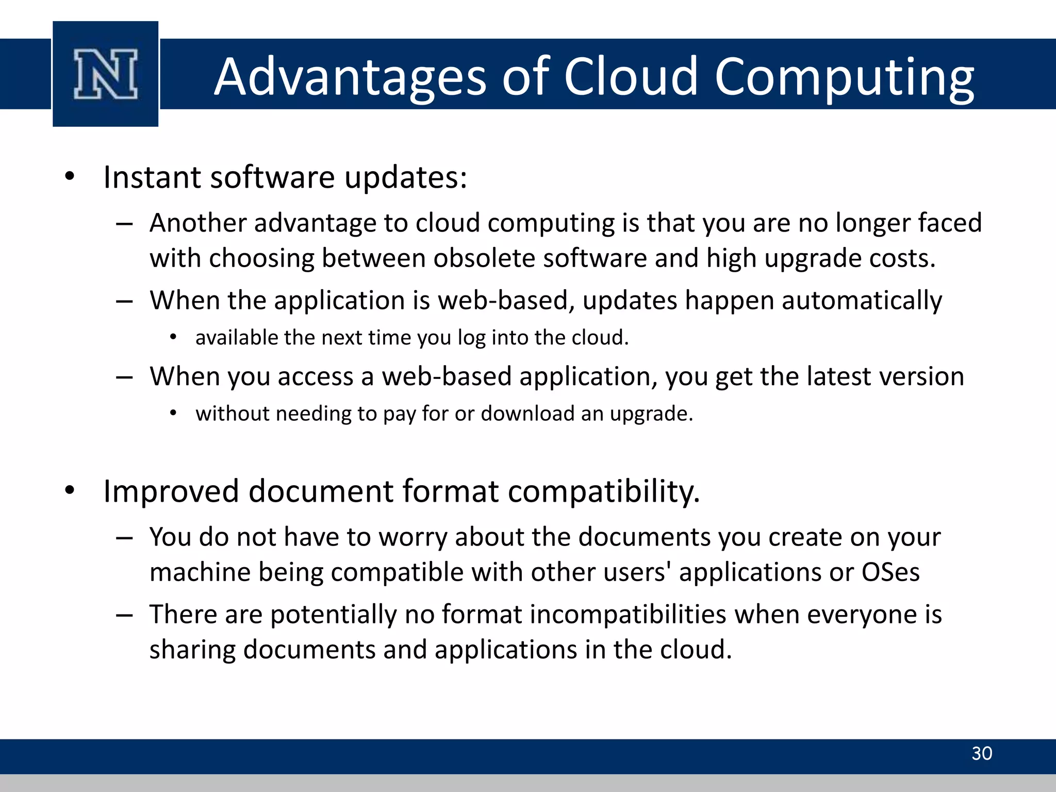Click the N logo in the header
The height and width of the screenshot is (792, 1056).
[106, 74]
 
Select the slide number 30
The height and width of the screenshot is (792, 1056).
[981, 753]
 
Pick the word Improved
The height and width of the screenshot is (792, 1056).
[171, 491]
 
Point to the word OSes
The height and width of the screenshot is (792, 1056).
[890, 572]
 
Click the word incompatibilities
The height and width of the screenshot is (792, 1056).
[584, 615]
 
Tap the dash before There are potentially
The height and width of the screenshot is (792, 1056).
[124, 615]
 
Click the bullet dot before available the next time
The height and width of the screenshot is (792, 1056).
[173, 338]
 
